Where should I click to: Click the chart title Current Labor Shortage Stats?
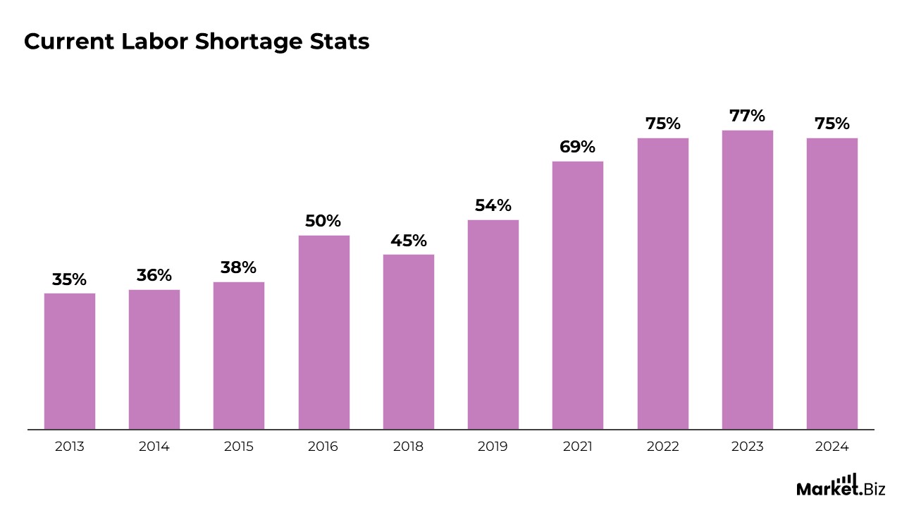click(x=197, y=42)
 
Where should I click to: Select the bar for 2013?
click(x=70, y=361)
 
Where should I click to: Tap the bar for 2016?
click(x=324, y=332)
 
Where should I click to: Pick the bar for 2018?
click(x=409, y=341)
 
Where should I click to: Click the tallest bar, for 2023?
click(x=748, y=279)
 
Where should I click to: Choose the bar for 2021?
click(x=578, y=295)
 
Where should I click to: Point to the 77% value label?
click(x=748, y=116)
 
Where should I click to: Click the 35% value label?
click(x=70, y=279)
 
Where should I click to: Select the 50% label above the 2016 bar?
click(x=323, y=221)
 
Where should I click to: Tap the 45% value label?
click(x=409, y=241)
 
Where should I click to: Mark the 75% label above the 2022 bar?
click(x=663, y=124)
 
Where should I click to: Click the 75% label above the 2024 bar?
click(x=832, y=124)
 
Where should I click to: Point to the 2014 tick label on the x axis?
click(x=154, y=447)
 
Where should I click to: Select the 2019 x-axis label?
click(x=493, y=447)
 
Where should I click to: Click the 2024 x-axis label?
click(x=832, y=447)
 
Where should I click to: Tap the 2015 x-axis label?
click(x=239, y=447)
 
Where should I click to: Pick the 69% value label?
click(x=578, y=147)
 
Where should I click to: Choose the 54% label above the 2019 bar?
click(x=493, y=206)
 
